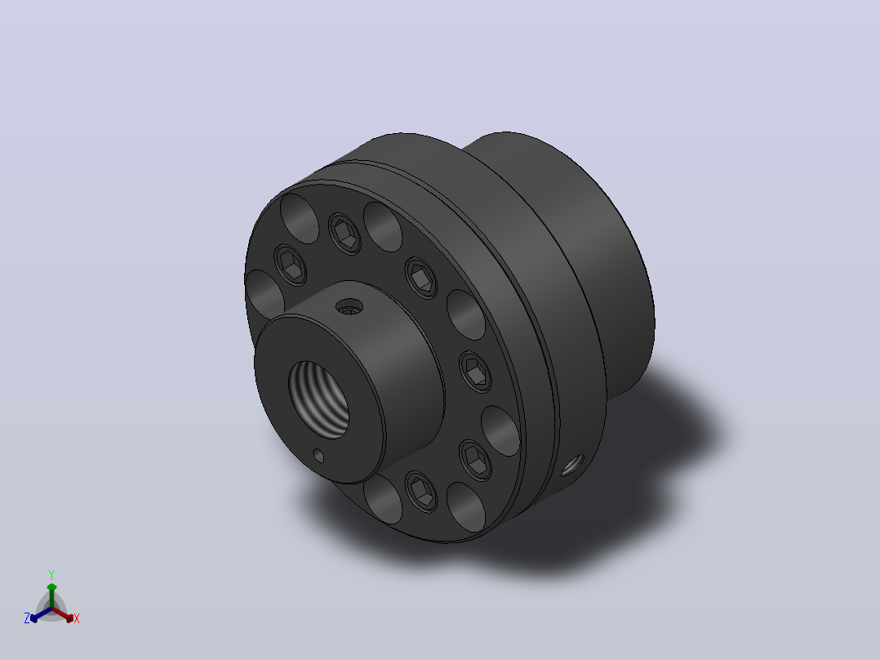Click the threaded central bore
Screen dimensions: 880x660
point(318,399)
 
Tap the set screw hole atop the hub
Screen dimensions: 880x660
point(349,306)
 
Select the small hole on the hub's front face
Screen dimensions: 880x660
point(318,455)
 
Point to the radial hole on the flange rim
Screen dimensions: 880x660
point(572,466)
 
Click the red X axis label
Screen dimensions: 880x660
point(77,618)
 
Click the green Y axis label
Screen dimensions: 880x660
point(51,574)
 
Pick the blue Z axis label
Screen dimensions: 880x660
point(26,618)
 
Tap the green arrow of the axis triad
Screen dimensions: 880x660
point(51,595)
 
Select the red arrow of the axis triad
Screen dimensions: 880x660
point(63,614)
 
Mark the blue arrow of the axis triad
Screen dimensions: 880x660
point(41,614)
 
